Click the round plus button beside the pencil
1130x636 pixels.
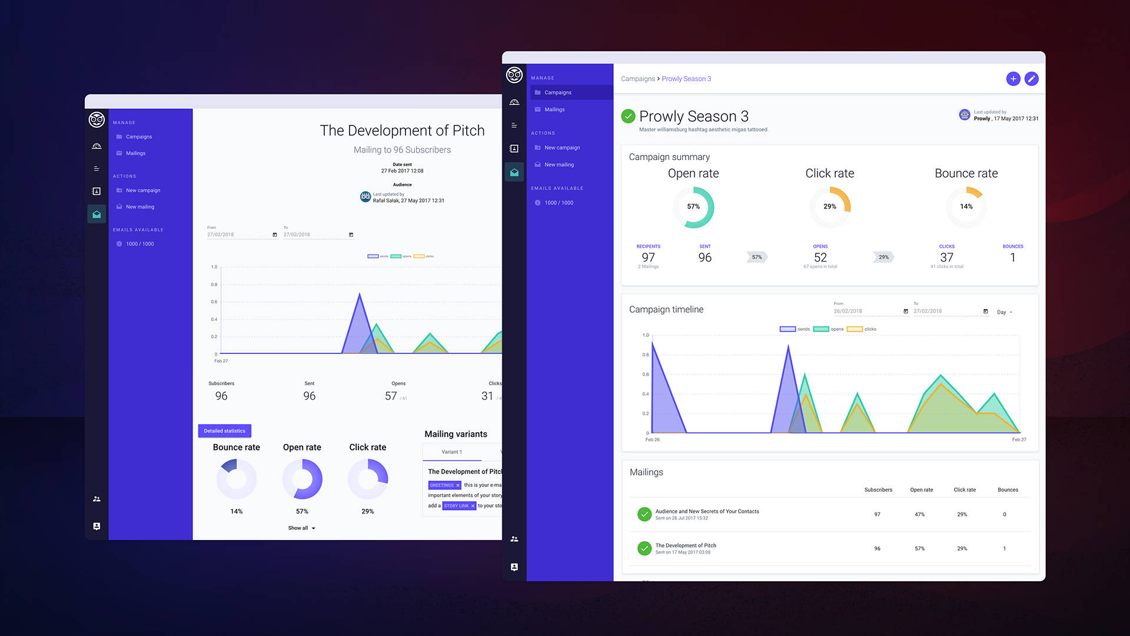click(x=1013, y=79)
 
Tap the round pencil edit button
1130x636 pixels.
click(x=1031, y=79)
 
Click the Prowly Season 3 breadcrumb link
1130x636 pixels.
click(x=686, y=79)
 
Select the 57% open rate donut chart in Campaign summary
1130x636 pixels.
click(x=693, y=207)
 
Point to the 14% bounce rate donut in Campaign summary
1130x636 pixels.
click(x=966, y=207)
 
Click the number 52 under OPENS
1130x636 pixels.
click(x=820, y=257)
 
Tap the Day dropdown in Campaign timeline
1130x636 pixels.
click(x=1004, y=312)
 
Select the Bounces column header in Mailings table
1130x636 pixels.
click(x=1008, y=490)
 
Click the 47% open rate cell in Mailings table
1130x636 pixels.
click(x=919, y=515)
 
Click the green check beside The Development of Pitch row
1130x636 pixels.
click(x=644, y=548)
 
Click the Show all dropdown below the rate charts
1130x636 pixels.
click(x=301, y=528)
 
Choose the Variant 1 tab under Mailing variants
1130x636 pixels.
click(x=451, y=452)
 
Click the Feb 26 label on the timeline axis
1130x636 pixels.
click(x=652, y=440)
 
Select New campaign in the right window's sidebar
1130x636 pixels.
click(x=562, y=148)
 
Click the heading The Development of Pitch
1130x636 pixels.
click(x=402, y=131)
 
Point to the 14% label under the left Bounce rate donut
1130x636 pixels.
click(x=236, y=511)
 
